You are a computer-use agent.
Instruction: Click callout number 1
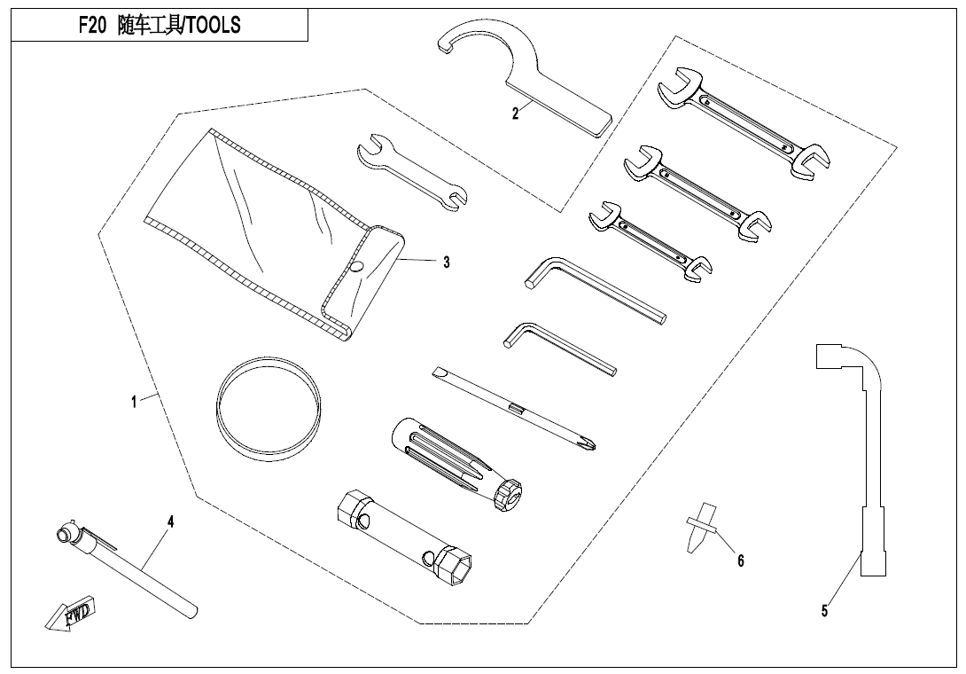click(x=134, y=402)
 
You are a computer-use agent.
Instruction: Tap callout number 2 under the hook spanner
click(x=516, y=114)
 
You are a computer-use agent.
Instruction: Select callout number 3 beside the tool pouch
click(x=447, y=263)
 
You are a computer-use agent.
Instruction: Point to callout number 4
click(x=171, y=521)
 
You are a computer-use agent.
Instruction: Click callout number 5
click(x=824, y=610)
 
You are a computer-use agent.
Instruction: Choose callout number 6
click(x=741, y=560)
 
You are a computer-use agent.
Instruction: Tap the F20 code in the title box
click(x=92, y=27)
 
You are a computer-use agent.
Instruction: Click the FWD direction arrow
click(x=72, y=614)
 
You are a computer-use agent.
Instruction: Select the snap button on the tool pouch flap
click(x=355, y=267)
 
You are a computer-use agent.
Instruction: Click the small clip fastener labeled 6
click(x=701, y=528)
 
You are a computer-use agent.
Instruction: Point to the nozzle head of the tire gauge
click(x=65, y=533)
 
